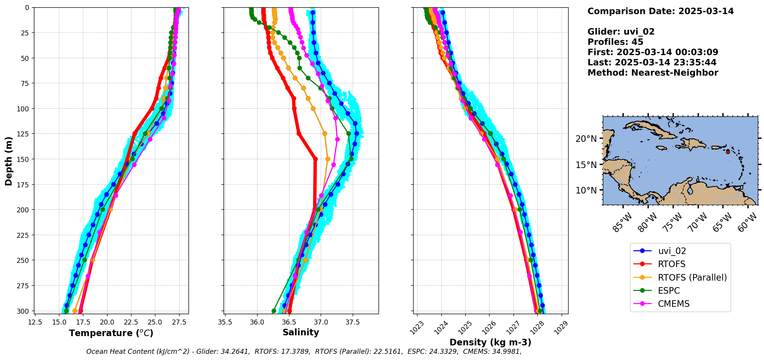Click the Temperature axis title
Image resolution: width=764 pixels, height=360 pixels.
click(111, 333)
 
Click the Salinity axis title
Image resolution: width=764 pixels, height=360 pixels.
click(301, 332)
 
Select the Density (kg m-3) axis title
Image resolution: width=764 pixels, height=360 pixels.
click(490, 342)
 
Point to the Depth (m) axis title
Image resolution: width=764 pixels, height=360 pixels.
click(8, 161)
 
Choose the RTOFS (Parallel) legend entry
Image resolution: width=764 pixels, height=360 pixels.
click(692, 278)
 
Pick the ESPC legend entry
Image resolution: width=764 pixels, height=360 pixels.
click(669, 291)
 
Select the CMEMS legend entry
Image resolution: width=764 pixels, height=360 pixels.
click(673, 304)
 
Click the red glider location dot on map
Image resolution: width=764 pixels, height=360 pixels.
click(728, 152)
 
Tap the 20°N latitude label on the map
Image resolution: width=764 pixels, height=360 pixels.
click(586, 139)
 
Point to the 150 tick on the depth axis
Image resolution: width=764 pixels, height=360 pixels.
click(22, 159)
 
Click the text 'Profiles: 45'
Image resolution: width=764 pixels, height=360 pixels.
click(615, 42)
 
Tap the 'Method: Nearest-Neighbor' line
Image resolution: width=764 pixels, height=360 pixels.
click(653, 73)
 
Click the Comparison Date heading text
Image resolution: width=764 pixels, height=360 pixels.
click(660, 11)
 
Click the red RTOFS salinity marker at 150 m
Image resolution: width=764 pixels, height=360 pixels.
click(316, 159)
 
